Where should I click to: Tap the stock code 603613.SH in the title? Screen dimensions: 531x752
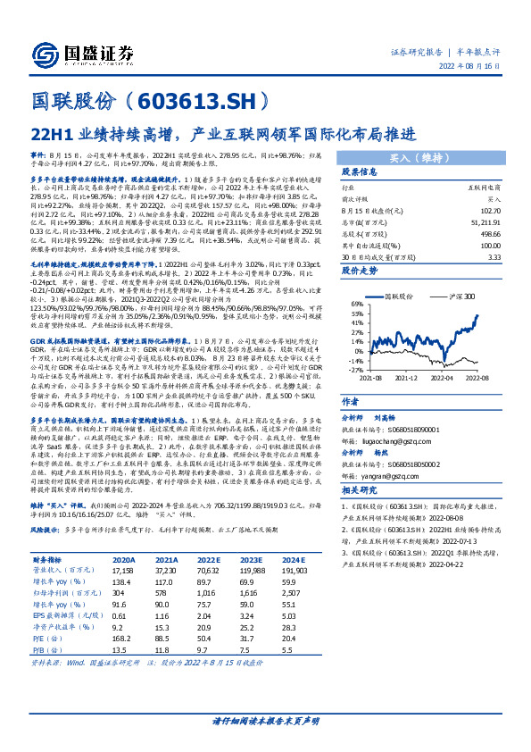(197, 98)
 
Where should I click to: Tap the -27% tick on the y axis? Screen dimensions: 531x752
(355, 369)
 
